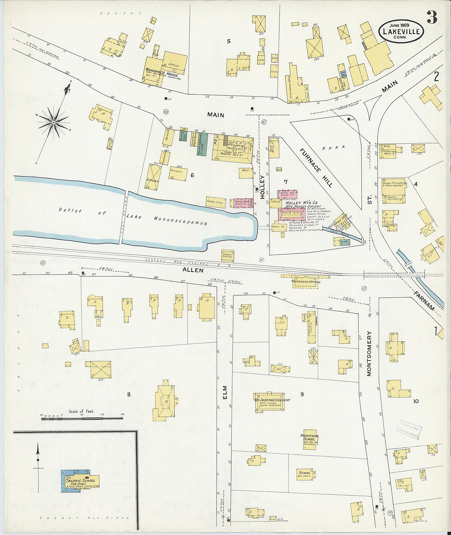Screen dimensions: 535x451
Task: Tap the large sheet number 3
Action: click(432, 19)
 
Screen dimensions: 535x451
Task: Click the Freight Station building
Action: click(227, 254)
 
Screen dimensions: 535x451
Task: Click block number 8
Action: click(129, 395)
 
